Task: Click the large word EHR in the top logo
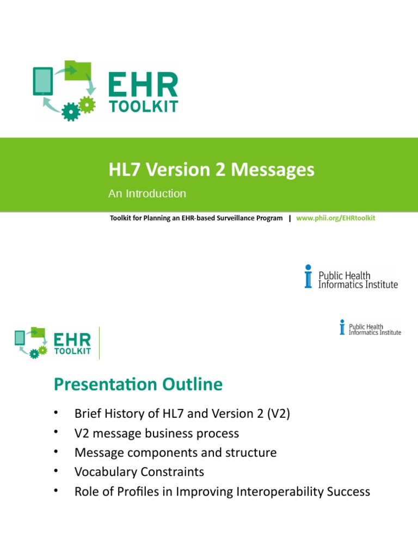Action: coord(143,85)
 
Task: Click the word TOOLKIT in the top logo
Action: coord(143,107)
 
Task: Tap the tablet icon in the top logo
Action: coord(43,81)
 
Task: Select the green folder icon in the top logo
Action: coord(77,71)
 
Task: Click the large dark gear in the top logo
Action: coord(70,112)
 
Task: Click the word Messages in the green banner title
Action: coord(272,170)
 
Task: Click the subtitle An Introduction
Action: coord(147,194)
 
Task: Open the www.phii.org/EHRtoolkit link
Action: coord(336,218)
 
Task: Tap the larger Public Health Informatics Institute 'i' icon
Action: coord(309,276)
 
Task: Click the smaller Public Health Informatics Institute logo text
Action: coord(374,329)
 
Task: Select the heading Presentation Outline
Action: coord(138,385)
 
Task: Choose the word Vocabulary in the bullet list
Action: coord(102,472)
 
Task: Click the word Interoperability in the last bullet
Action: coord(286,492)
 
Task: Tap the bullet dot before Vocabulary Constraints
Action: coord(56,471)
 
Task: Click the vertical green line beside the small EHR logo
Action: coord(100,343)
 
